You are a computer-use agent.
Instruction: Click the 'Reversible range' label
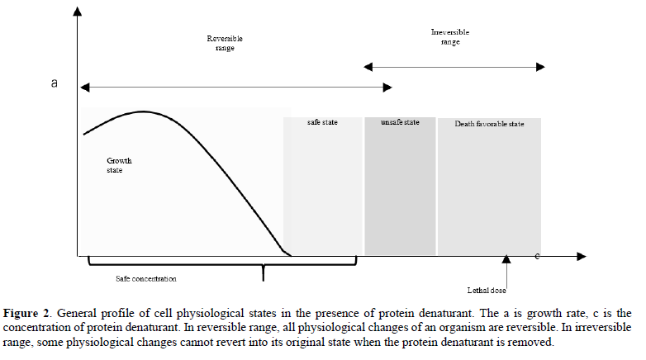pos(224,43)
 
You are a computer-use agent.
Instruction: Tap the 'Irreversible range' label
pos(450,37)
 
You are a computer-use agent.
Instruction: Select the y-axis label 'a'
pos(54,83)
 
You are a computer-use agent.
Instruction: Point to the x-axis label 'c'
pos(538,256)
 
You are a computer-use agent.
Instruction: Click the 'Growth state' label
pos(119,165)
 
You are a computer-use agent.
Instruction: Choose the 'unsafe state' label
pos(400,122)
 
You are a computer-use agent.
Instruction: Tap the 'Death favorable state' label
pos(489,124)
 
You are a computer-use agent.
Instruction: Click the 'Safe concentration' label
pos(146,279)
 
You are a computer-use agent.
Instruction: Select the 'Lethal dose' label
pos(486,290)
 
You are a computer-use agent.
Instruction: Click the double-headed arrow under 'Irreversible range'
pos(454,65)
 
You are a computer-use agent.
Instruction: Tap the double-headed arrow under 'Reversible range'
pos(235,86)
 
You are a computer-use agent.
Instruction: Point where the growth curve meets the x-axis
pos(289,255)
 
